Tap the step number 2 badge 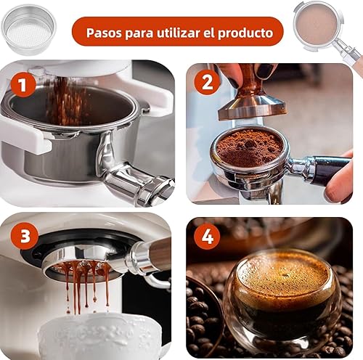[x=207, y=82]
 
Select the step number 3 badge [x=25, y=236]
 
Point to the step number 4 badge [x=207, y=237]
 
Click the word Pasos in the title [x=104, y=33]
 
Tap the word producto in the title [x=245, y=33]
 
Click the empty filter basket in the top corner [x=29, y=30]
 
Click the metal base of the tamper [x=253, y=108]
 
